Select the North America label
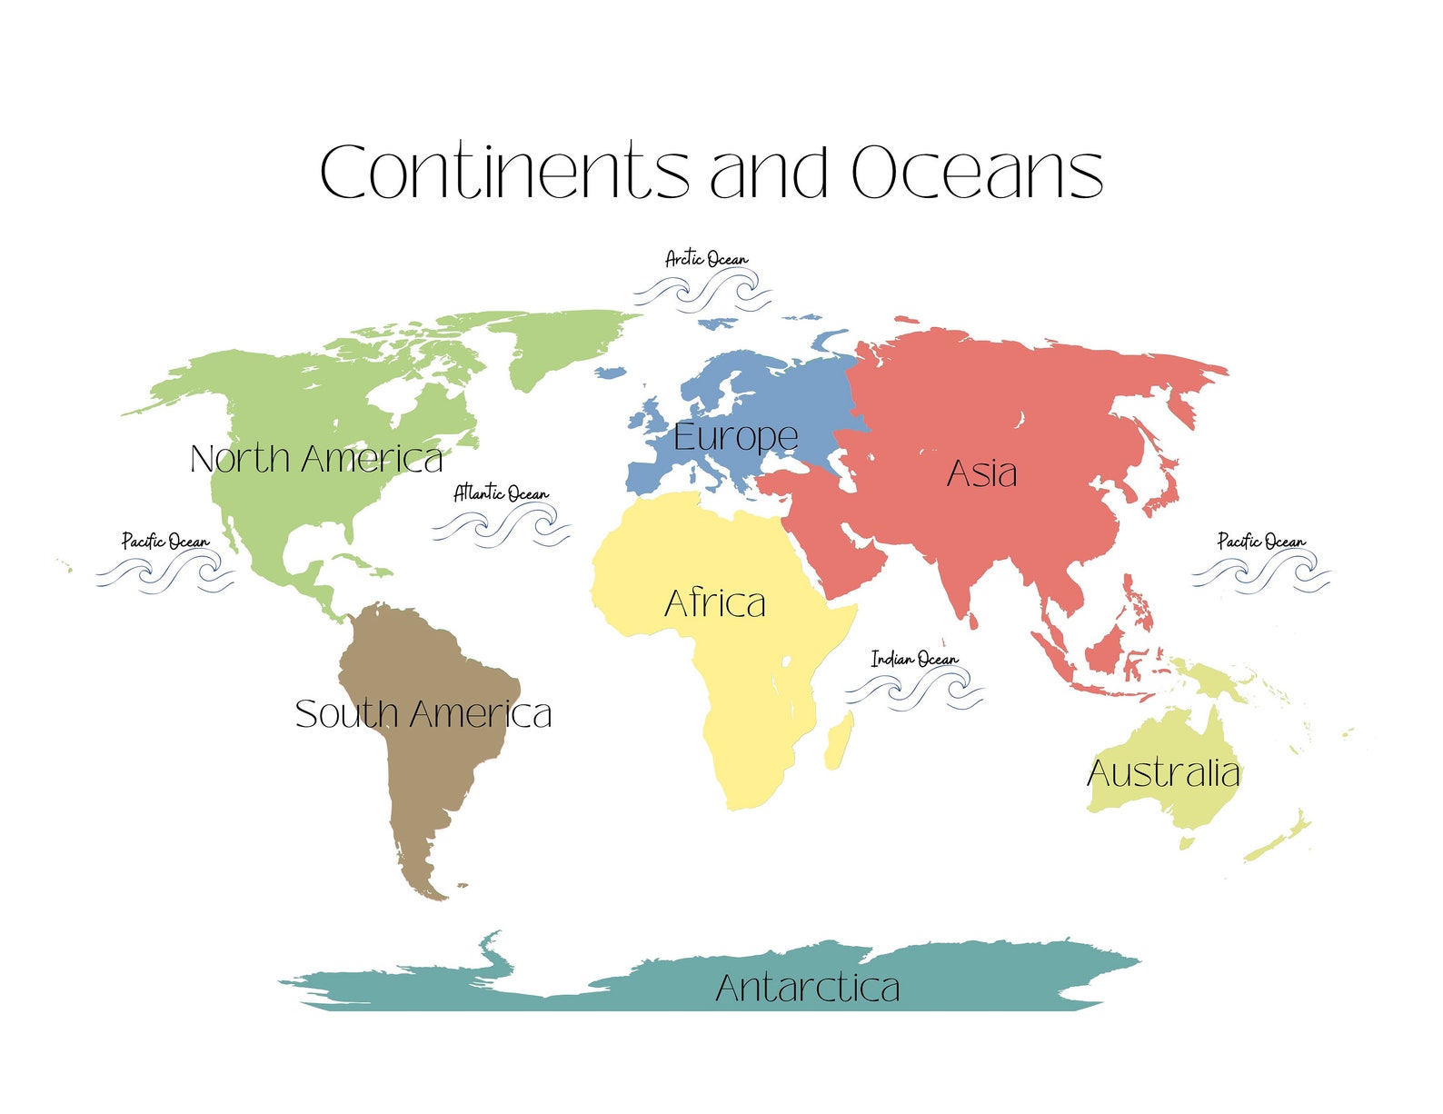[316, 459]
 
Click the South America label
[423, 714]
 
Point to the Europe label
[735, 438]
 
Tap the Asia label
[981, 473]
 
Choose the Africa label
[715, 603]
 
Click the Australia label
[1163, 773]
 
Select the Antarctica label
[807, 988]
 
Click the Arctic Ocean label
[707, 259]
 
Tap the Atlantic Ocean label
[502, 493]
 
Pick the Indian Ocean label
[914, 659]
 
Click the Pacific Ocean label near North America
[165, 542]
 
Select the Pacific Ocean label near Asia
[1261, 542]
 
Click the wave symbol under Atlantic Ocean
[502, 526]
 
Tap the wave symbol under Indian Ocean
[914, 690]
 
